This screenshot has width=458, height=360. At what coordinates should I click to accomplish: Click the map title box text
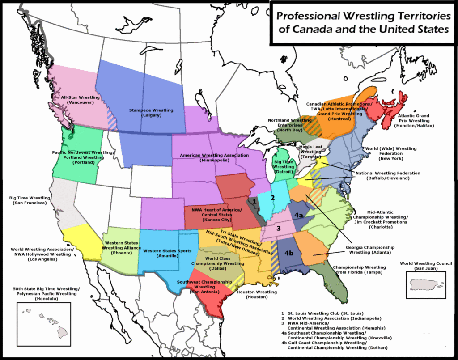coord(363,23)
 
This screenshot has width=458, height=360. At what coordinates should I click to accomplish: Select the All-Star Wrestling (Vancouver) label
coord(75,100)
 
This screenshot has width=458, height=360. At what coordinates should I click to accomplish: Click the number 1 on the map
coord(255,202)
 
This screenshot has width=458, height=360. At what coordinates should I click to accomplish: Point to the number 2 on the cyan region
coord(272,198)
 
